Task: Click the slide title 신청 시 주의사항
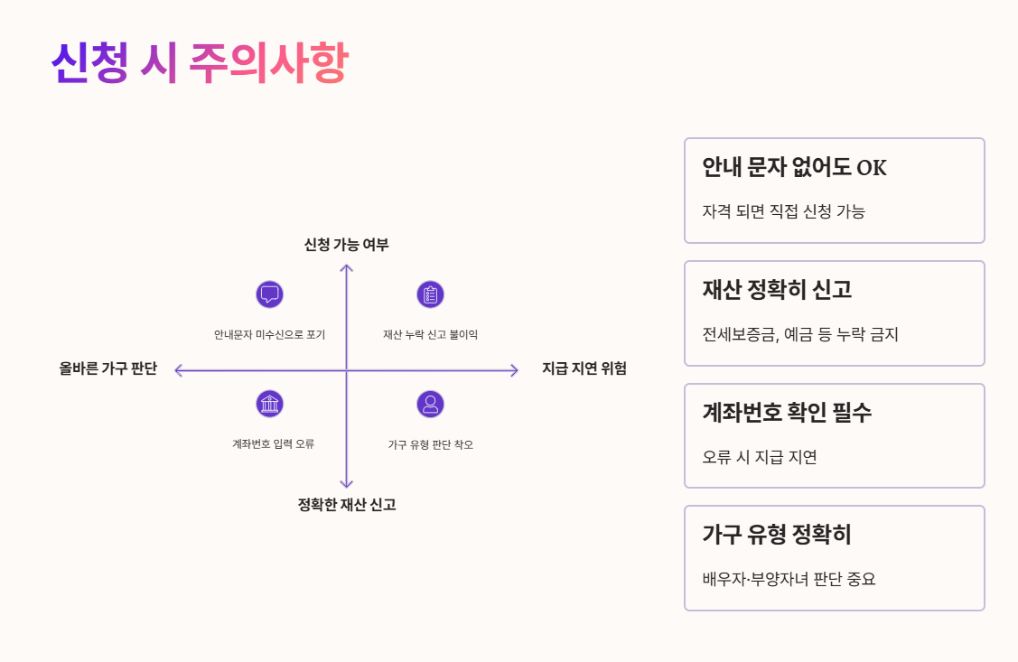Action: coord(199,63)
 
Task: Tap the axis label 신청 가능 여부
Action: coord(346,245)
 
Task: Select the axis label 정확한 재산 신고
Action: coord(346,505)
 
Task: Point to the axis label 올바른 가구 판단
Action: coord(108,368)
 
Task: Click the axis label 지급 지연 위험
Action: coord(584,368)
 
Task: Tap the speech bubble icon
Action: coord(269,294)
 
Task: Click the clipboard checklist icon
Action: coord(430,294)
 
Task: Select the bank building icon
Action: coord(269,404)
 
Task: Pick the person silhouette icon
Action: coord(430,404)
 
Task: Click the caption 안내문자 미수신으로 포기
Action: coord(269,334)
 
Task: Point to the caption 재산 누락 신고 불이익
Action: coord(430,334)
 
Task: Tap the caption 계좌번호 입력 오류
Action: coord(273,444)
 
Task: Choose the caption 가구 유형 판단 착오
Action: coord(430,444)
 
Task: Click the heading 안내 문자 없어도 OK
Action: coord(795,168)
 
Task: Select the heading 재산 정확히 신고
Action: coord(777,290)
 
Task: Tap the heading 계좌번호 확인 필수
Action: coord(787,413)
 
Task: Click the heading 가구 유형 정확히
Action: coord(777,535)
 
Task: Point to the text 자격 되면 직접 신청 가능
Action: coord(783,211)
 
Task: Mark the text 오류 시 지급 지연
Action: coord(760,457)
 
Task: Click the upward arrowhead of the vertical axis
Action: coord(346,266)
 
